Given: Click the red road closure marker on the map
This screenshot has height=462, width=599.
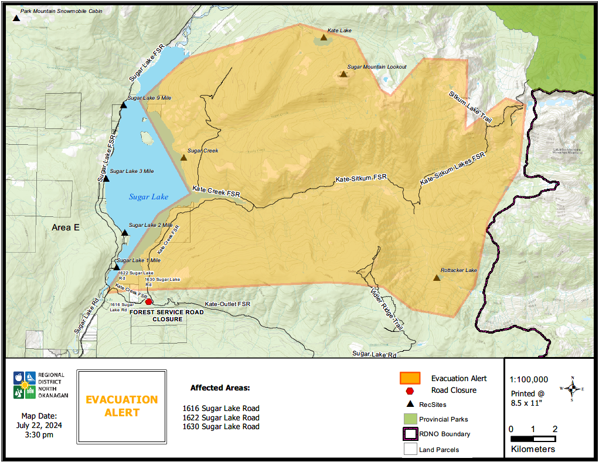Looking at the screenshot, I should pos(149,302).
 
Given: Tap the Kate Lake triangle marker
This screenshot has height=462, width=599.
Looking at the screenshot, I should pos(324,38).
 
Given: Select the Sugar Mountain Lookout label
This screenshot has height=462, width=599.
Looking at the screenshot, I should pos(377,67).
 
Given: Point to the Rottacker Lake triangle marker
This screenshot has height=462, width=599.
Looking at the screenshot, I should pos(437,277).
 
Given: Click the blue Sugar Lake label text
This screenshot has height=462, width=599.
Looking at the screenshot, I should pos(148,197).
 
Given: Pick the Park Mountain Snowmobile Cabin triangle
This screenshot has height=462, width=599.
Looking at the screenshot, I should pos(16,18).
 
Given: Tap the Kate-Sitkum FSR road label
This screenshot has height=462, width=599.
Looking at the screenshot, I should pos(362,178).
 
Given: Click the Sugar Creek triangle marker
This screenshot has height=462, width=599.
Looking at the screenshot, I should pos(183,157).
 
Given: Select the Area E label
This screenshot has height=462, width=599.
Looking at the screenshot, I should pos(65,227).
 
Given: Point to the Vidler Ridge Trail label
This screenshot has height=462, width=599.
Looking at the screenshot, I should pos(387,307).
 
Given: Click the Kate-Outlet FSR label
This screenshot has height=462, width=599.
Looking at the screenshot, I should pos(227,304).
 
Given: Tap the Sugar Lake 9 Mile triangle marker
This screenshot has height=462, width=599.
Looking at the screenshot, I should pos(124,106).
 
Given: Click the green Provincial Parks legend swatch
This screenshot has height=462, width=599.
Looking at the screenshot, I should pos(410,419).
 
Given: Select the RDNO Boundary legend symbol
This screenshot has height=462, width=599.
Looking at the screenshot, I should pos(410,434).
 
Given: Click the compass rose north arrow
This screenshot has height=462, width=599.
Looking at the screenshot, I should pos(573,388).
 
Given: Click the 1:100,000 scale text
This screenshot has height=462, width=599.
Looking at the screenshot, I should pos(529,379).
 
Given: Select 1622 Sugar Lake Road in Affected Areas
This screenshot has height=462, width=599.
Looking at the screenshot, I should pos(220,417).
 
